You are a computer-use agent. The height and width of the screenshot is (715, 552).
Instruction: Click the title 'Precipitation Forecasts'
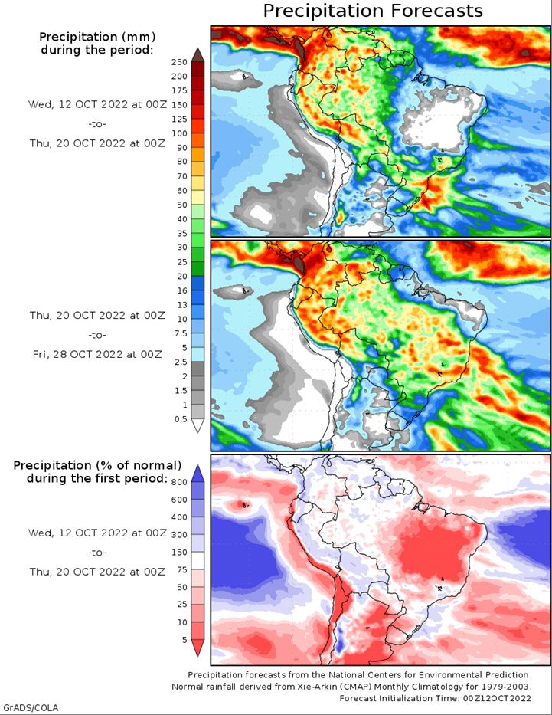[373, 11]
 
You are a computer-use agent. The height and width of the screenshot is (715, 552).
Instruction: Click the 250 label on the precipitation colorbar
[179, 62]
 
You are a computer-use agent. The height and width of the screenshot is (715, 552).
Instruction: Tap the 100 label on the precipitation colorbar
[179, 133]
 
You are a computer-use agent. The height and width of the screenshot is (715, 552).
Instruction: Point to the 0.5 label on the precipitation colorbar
[179, 418]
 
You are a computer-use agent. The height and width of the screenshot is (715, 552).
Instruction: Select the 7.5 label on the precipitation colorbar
[179, 333]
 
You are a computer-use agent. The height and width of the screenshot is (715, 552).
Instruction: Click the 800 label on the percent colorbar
[179, 482]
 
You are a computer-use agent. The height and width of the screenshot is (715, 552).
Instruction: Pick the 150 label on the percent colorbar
[179, 553]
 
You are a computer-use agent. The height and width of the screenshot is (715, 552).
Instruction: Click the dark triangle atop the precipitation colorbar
[198, 54]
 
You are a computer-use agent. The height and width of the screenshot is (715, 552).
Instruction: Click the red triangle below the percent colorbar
[198, 648]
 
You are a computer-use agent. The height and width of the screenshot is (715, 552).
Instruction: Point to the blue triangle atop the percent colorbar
[198, 472]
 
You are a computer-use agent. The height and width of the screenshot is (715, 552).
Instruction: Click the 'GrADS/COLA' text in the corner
[31, 707]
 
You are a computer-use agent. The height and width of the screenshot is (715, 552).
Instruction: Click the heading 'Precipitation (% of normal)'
[97, 465]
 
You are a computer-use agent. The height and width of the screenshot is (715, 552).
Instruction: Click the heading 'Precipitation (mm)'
[96, 37]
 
